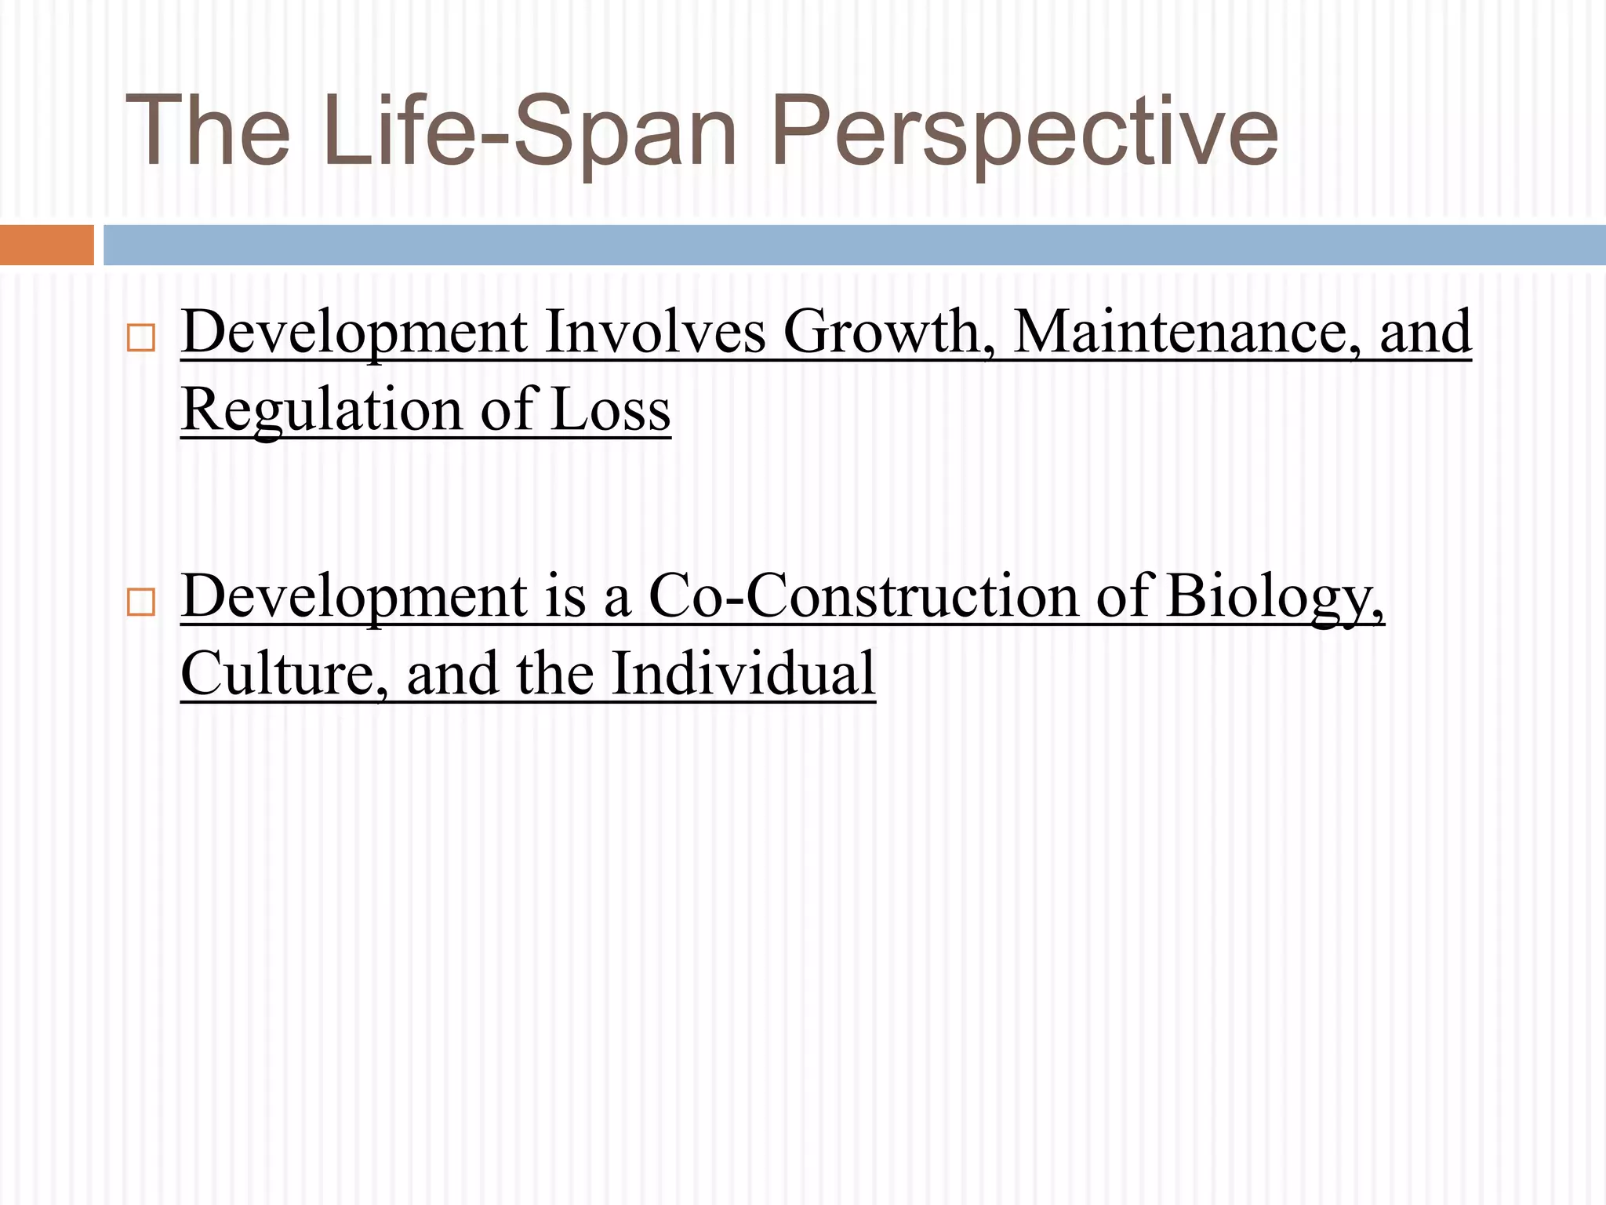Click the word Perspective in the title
[1024, 131]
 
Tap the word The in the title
[207, 131]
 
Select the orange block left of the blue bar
[46, 245]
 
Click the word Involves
[655, 333]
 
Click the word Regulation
[322, 410]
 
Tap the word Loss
[611, 410]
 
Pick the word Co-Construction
[863, 596]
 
